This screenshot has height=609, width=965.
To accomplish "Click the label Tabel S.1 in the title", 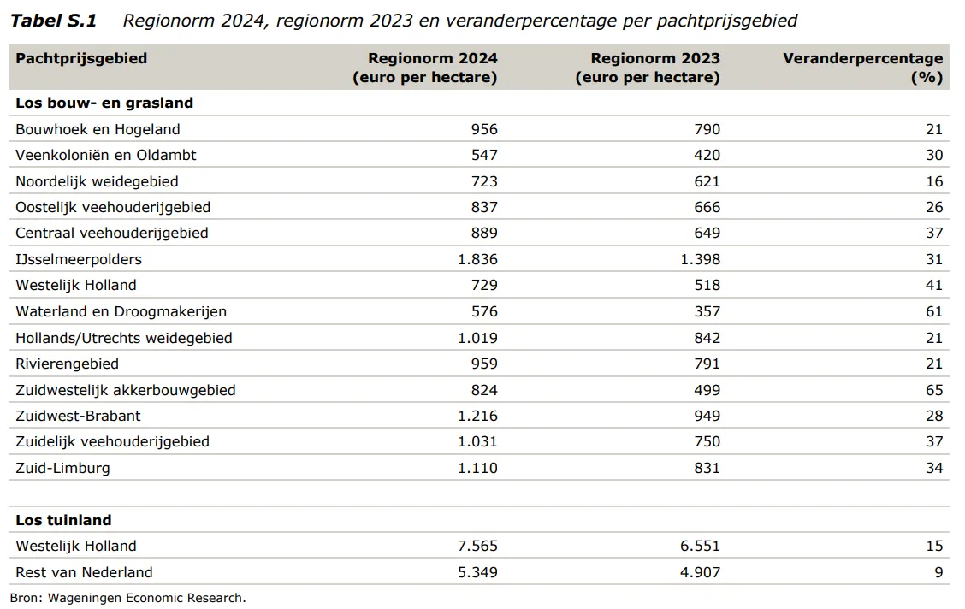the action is tap(54, 21).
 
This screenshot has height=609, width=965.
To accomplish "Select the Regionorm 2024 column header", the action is tap(424, 68).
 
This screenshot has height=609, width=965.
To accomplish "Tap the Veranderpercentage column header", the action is tap(863, 68).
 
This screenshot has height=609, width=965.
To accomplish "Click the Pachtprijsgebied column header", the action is tap(81, 59).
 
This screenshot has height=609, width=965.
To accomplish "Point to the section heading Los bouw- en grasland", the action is tap(104, 103).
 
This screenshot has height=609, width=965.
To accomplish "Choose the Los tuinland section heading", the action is tap(63, 520).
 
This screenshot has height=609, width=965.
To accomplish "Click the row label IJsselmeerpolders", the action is tap(79, 259).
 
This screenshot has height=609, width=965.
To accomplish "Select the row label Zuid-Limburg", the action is tap(62, 468).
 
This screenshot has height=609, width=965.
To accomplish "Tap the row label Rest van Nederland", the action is tap(84, 573).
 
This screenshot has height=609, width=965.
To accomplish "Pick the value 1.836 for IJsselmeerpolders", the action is tap(477, 259).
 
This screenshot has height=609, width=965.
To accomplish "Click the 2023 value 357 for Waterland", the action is tap(707, 312).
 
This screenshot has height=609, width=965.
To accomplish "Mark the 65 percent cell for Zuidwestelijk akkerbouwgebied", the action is tap(934, 391).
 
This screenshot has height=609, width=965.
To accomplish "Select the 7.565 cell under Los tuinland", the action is tap(477, 547).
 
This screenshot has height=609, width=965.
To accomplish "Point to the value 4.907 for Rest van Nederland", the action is tap(701, 573).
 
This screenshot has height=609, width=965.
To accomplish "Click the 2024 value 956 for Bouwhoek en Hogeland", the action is tap(484, 130).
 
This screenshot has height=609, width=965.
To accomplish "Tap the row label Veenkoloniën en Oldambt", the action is tap(106, 155).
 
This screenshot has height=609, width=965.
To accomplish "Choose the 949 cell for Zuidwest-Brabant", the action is tap(707, 417).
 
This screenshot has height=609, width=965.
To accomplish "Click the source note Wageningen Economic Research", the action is tap(146, 598).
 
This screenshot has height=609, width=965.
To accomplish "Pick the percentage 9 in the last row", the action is tap(938, 573).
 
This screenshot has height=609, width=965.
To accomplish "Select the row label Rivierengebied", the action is tap(67, 364).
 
